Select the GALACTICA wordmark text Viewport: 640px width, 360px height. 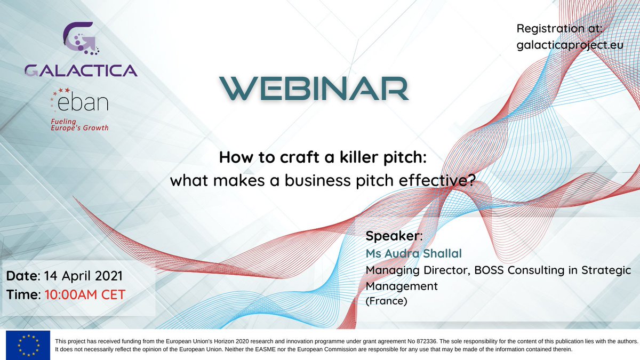(80, 69)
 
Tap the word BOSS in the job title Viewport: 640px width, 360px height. (484, 270)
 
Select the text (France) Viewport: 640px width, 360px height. (386, 301)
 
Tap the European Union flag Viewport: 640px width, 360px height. (28, 345)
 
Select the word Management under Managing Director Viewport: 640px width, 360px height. (402, 286)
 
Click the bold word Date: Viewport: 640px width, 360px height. (22, 276)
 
